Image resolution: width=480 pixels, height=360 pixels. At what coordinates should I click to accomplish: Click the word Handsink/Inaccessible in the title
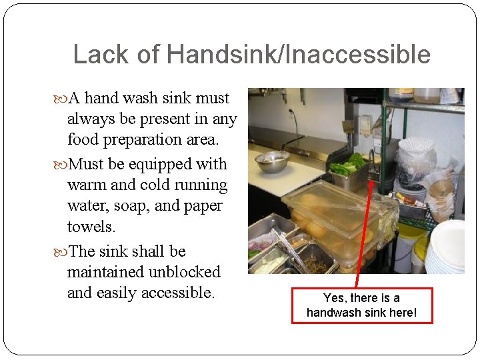[299, 55]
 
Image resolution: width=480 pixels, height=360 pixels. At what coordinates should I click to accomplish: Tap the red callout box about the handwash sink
[361, 305]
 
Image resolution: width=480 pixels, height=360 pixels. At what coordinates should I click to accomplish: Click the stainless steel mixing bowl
[272, 161]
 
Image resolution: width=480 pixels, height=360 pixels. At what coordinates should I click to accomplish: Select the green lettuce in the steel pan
[350, 164]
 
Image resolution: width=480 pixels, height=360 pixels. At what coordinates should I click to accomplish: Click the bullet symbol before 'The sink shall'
[63, 252]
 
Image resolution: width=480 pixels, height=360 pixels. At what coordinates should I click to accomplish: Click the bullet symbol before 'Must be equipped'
[63, 165]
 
